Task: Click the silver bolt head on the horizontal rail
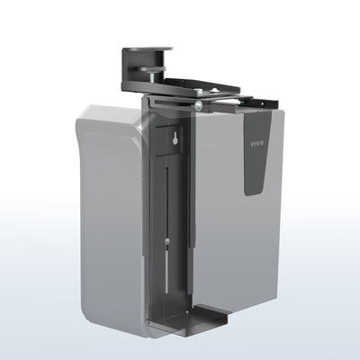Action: [197, 106]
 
